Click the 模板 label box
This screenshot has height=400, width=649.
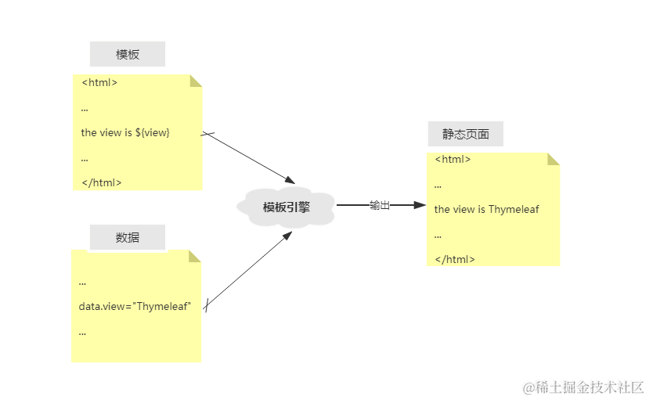(128, 54)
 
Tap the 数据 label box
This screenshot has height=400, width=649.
(128, 237)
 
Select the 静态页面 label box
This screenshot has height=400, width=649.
(466, 134)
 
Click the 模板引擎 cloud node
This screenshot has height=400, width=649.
(286, 207)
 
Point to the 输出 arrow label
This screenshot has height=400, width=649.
(380, 205)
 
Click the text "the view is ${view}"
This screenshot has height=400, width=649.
(125, 133)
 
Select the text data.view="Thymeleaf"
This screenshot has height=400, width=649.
(135, 307)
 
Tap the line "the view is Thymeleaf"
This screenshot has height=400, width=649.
(486, 209)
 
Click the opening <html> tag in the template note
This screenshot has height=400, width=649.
(99, 83)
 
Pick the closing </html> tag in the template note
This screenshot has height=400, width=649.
(102, 182)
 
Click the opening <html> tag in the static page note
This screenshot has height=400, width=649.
(452, 159)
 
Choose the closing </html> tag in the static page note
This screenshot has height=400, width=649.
(455, 259)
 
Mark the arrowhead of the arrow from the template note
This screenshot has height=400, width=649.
(290, 180)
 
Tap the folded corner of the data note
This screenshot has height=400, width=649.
(193, 258)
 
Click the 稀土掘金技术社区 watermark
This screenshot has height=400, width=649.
(583, 387)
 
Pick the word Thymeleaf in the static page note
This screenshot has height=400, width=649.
(514, 209)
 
